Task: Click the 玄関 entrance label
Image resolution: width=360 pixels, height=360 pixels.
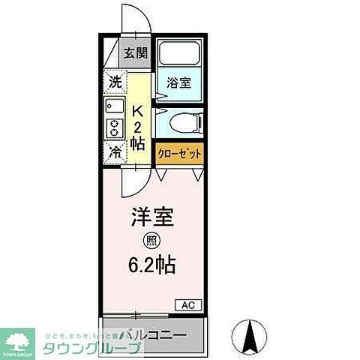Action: pos(136,53)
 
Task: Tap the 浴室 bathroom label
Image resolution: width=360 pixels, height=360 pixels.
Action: pos(178,83)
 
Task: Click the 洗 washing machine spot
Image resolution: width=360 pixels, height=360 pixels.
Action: pos(114,80)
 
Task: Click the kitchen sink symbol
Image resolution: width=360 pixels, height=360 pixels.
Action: pos(114,104)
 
